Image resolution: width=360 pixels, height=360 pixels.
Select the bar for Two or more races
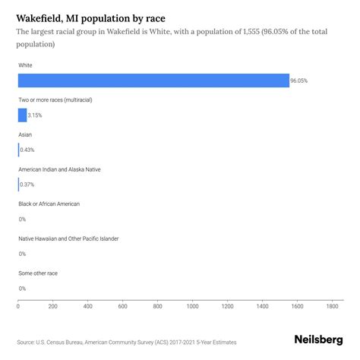(22, 115)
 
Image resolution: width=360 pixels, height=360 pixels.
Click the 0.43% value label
(27, 150)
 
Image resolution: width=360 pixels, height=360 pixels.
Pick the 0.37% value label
(27, 185)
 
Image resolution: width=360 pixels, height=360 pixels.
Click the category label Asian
(25, 134)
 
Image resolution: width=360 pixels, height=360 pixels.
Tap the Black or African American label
(49, 204)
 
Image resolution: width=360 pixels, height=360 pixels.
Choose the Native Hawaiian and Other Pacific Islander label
(68, 238)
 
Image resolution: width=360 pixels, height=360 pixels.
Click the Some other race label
(38, 273)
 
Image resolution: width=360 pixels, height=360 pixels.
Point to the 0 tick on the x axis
(18, 306)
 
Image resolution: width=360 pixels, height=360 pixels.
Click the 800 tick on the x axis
(158, 306)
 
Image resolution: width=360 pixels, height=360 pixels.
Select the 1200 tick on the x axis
(228, 306)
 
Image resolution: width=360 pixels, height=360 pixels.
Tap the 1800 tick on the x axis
(332, 306)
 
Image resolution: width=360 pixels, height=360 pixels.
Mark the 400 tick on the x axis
(88, 306)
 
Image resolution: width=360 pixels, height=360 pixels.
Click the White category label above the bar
(26, 65)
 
